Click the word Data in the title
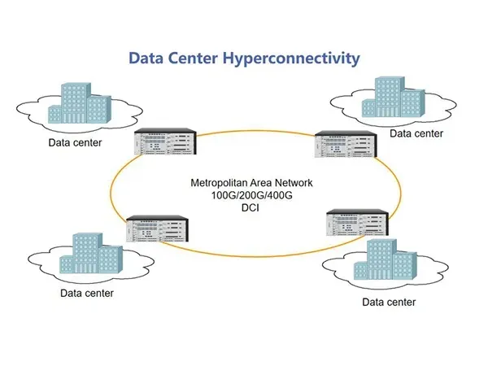(149, 59)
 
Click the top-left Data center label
(74, 143)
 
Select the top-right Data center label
(416, 133)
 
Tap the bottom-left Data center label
(87, 293)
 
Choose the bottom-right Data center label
(389, 302)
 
